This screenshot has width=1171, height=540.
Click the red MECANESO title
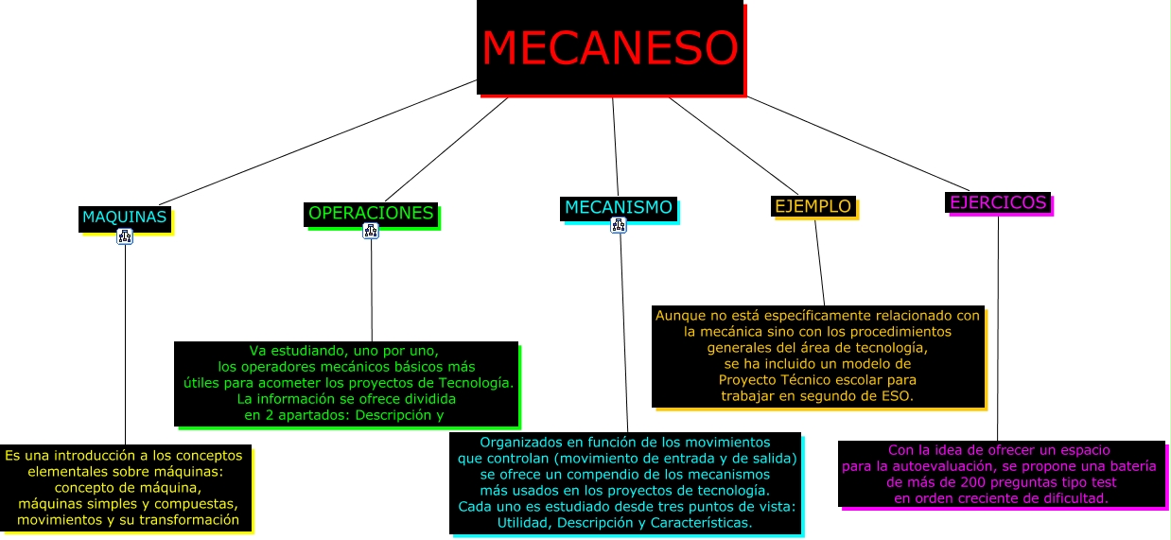[x=609, y=47]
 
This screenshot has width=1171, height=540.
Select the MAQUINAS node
[x=124, y=218]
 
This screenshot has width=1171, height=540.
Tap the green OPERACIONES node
[x=371, y=214]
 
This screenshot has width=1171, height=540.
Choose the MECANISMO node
[x=618, y=207]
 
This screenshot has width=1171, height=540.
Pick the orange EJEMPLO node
[x=813, y=206]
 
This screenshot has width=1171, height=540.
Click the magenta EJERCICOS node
[x=998, y=202]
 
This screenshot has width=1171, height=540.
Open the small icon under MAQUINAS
[x=125, y=236]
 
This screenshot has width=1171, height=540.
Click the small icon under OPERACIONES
[x=371, y=231]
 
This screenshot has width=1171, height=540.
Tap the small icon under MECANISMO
[x=620, y=225]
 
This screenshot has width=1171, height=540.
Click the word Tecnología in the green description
[x=476, y=383]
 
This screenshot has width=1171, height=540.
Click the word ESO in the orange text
[x=897, y=396]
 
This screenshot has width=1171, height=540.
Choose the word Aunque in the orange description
[x=678, y=315]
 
